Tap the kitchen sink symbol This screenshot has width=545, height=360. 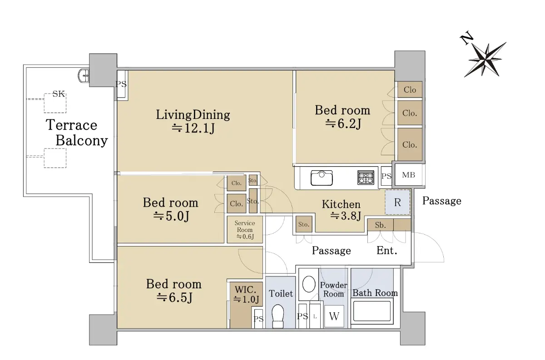(x=322, y=178)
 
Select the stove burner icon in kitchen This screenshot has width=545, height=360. (x=366, y=178)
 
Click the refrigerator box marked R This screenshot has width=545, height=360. (x=397, y=202)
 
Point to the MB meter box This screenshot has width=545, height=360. (x=408, y=175)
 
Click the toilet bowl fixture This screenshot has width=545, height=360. (x=277, y=316)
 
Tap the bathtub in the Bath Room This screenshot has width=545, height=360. (x=372, y=311)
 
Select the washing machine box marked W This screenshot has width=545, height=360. (x=334, y=316)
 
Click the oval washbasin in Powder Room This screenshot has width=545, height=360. (x=309, y=284)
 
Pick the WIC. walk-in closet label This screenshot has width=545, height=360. (x=246, y=290)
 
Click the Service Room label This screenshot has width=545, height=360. (x=245, y=227)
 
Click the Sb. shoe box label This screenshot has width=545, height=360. (x=380, y=225)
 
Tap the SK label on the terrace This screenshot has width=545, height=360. (x=59, y=94)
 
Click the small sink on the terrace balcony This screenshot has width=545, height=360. (x=84, y=76)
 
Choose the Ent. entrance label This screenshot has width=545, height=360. (x=387, y=250)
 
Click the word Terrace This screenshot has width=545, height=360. (x=72, y=125)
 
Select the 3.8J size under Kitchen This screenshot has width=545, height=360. (x=346, y=216)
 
